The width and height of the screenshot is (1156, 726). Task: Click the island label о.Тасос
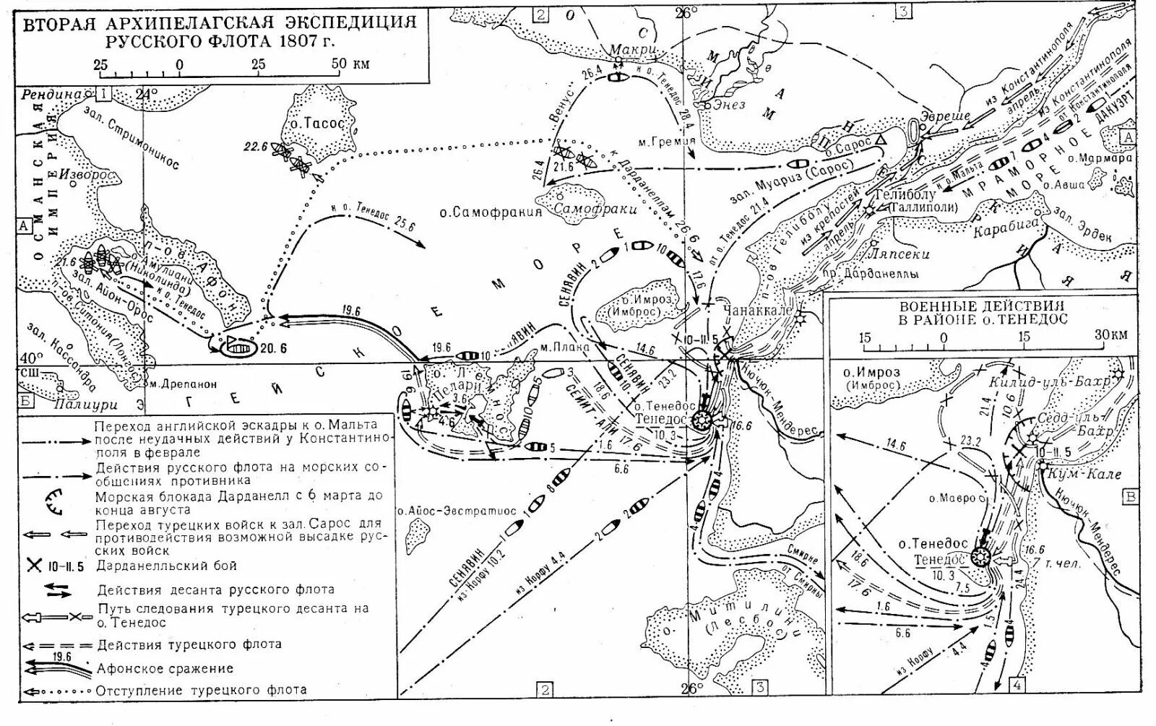(x=318, y=124)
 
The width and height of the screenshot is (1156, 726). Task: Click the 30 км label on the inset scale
(x=1110, y=336)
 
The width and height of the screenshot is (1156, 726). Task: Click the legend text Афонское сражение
(x=165, y=668)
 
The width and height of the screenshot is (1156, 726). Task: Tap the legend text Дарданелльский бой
(x=167, y=566)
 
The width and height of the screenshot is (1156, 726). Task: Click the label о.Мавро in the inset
(x=956, y=498)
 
